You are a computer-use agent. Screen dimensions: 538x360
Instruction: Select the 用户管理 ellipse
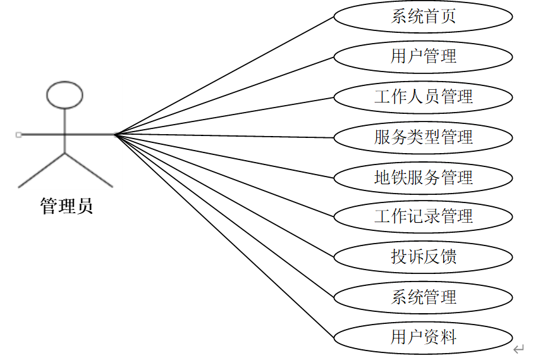point(423,57)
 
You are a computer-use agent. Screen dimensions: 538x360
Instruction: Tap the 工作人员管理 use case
point(423,97)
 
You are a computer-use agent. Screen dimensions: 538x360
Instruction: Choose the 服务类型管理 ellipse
point(423,137)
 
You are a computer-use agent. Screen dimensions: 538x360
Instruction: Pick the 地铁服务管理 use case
point(423,177)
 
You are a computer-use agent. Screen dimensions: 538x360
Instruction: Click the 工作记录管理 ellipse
point(423,217)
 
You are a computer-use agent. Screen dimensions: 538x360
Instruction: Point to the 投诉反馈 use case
point(423,257)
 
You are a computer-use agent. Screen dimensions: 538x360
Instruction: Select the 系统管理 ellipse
point(423,297)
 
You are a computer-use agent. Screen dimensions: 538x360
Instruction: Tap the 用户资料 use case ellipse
point(423,337)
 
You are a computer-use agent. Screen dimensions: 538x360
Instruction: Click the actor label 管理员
point(66,206)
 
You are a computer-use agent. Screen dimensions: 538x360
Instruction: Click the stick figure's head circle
point(65,94)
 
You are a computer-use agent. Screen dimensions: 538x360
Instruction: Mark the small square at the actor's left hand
point(18,135)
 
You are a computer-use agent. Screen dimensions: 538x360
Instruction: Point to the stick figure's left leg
point(42,170)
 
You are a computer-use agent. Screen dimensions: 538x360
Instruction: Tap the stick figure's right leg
point(89,170)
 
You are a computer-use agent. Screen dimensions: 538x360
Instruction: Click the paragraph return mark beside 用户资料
point(519,349)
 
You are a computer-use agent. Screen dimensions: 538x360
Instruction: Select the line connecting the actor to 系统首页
point(224,75)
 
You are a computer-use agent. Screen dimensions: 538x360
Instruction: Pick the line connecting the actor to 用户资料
point(224,235)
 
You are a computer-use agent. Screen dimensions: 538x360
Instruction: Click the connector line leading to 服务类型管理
point(224,135)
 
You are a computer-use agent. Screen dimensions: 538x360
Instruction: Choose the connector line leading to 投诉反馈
point(224,196)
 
